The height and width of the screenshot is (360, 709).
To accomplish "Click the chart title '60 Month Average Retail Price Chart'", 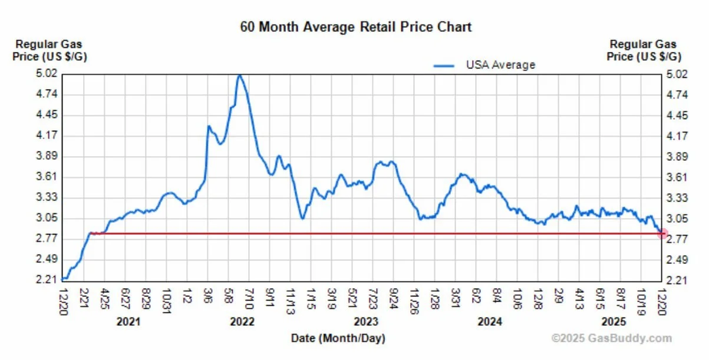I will [355, 27].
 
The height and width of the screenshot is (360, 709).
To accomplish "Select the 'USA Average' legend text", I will [500, 65].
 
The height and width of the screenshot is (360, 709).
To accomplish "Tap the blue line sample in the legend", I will [444, 65].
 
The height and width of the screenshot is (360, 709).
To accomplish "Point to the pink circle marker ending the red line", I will [662, 234].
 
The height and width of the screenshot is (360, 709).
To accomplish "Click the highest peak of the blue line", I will [239, 75].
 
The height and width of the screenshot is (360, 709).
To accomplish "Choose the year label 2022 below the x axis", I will [242, 322].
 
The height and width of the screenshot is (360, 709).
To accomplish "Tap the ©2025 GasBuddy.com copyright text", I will [611, 338].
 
